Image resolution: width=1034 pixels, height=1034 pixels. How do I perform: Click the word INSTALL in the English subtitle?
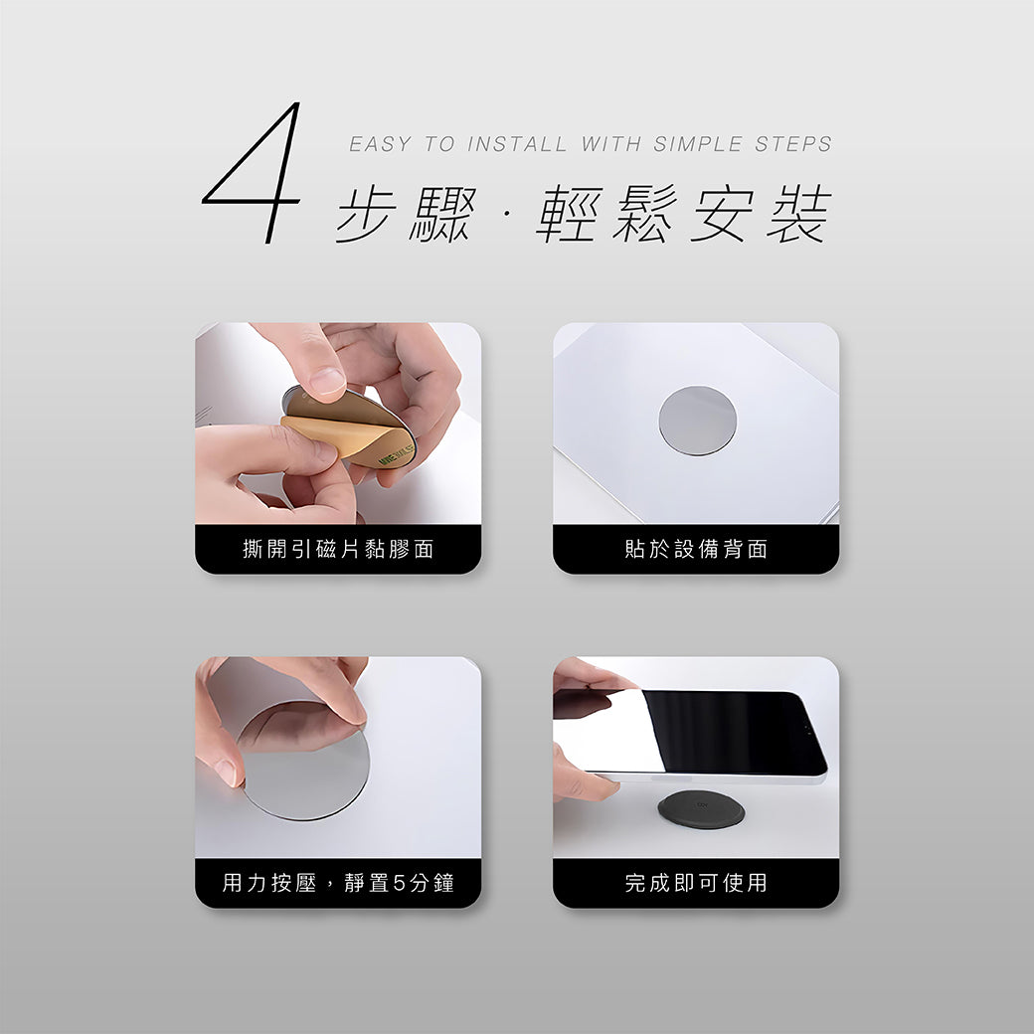point(517,144)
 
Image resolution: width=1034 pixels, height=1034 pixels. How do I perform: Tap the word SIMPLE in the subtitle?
point(698,144)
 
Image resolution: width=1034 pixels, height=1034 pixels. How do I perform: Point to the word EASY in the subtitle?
point(381,144)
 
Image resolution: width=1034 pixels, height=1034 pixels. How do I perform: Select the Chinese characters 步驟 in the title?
point(407,215)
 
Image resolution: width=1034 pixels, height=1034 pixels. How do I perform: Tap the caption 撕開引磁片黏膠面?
point(338,549)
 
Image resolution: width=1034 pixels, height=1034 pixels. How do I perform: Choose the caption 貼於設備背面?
point(696,549)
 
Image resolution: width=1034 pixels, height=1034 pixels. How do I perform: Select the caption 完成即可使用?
point(696,882)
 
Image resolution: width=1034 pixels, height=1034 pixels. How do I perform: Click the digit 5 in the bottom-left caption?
point(399,882)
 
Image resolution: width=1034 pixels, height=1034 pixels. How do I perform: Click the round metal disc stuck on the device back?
point(698,421)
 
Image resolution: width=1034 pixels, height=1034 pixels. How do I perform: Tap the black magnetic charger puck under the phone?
point(702,808)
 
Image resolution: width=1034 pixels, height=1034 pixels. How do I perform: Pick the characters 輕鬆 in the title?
point(606,214)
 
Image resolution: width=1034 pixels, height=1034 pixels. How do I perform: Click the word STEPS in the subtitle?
point(793,144)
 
